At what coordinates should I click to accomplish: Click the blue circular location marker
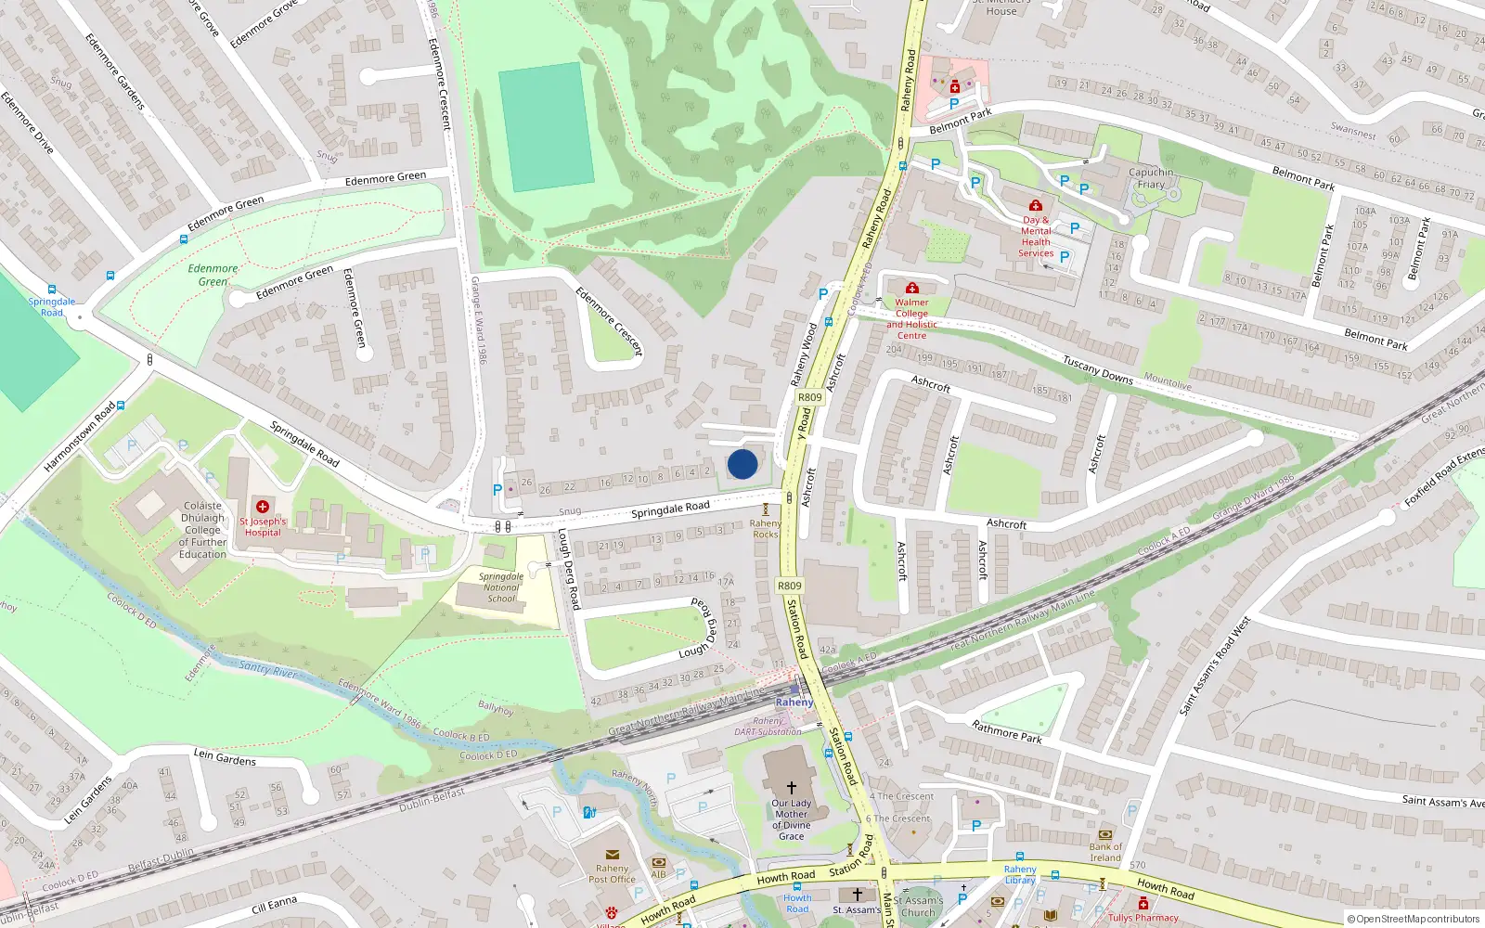(x=742, y=464)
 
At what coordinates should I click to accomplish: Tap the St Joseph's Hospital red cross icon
(x=263, y=507)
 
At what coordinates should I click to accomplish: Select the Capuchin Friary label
(x=1151, y=178)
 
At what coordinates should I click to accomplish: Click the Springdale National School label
(x=501, y=587)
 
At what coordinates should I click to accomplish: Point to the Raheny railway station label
(x=794, y=702)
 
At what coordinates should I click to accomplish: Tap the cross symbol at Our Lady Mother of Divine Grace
(x=792, y=787)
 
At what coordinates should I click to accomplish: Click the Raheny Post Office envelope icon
(x=612, y=855)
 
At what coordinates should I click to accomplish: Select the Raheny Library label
(x=1020, y=875)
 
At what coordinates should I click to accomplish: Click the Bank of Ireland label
(x=1105, y=852)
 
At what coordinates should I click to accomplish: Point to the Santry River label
(x=267, y=668)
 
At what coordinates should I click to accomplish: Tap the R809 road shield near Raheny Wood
(x=810, y=397)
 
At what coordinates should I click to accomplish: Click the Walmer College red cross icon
(x=912, y=289)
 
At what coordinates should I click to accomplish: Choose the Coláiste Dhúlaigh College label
(x=203, y=531)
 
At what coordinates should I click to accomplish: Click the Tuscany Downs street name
(x=1098, y=369)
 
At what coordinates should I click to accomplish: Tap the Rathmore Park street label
(x=1007, y=731)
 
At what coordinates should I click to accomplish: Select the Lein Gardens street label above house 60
(x=225, y=758)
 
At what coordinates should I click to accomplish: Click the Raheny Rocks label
(x=766, y=529)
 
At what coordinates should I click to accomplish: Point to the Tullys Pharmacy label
(x=1143, y=918)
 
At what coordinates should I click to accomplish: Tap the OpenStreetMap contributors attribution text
(x=1417, y=920)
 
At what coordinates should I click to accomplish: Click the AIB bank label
(x=659, y=874)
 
